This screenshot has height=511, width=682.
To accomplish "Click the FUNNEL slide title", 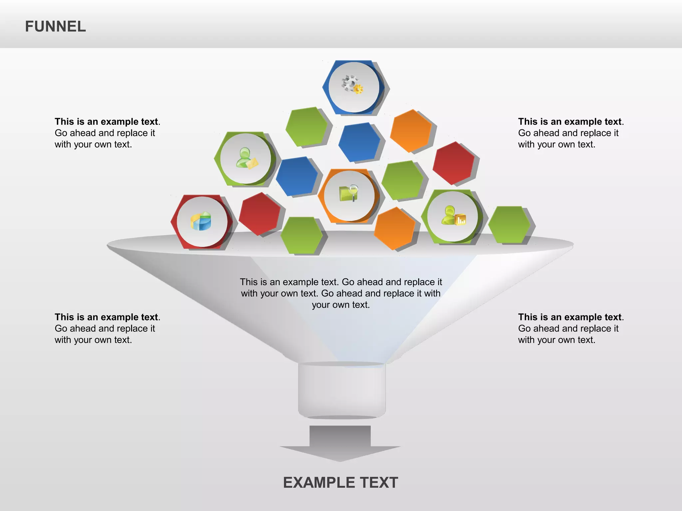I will tap(55, 27).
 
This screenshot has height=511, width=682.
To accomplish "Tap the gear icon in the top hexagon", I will tap(352, 84).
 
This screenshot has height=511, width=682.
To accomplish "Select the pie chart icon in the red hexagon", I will tap(201, 221).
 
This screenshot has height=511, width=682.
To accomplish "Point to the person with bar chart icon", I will tap(453, 216).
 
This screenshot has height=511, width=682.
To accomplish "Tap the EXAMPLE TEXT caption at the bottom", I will tap(340, 482).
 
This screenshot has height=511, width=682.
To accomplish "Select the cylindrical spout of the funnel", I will tap(342, 390).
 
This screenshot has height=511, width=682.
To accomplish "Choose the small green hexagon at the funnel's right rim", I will tap(509, 225).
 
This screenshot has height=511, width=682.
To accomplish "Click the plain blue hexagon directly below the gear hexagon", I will tap(359, 142).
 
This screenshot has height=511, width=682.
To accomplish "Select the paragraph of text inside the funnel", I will tap(341, 293).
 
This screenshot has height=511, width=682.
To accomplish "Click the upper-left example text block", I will tap(107, 133).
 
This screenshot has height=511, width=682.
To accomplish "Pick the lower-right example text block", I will tap(570, 328).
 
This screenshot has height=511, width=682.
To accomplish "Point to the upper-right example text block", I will tap(570, 133).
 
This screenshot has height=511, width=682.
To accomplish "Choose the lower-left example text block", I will tap(107, 328).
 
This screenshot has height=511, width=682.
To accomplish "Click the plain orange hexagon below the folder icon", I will tap(394, 228).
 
